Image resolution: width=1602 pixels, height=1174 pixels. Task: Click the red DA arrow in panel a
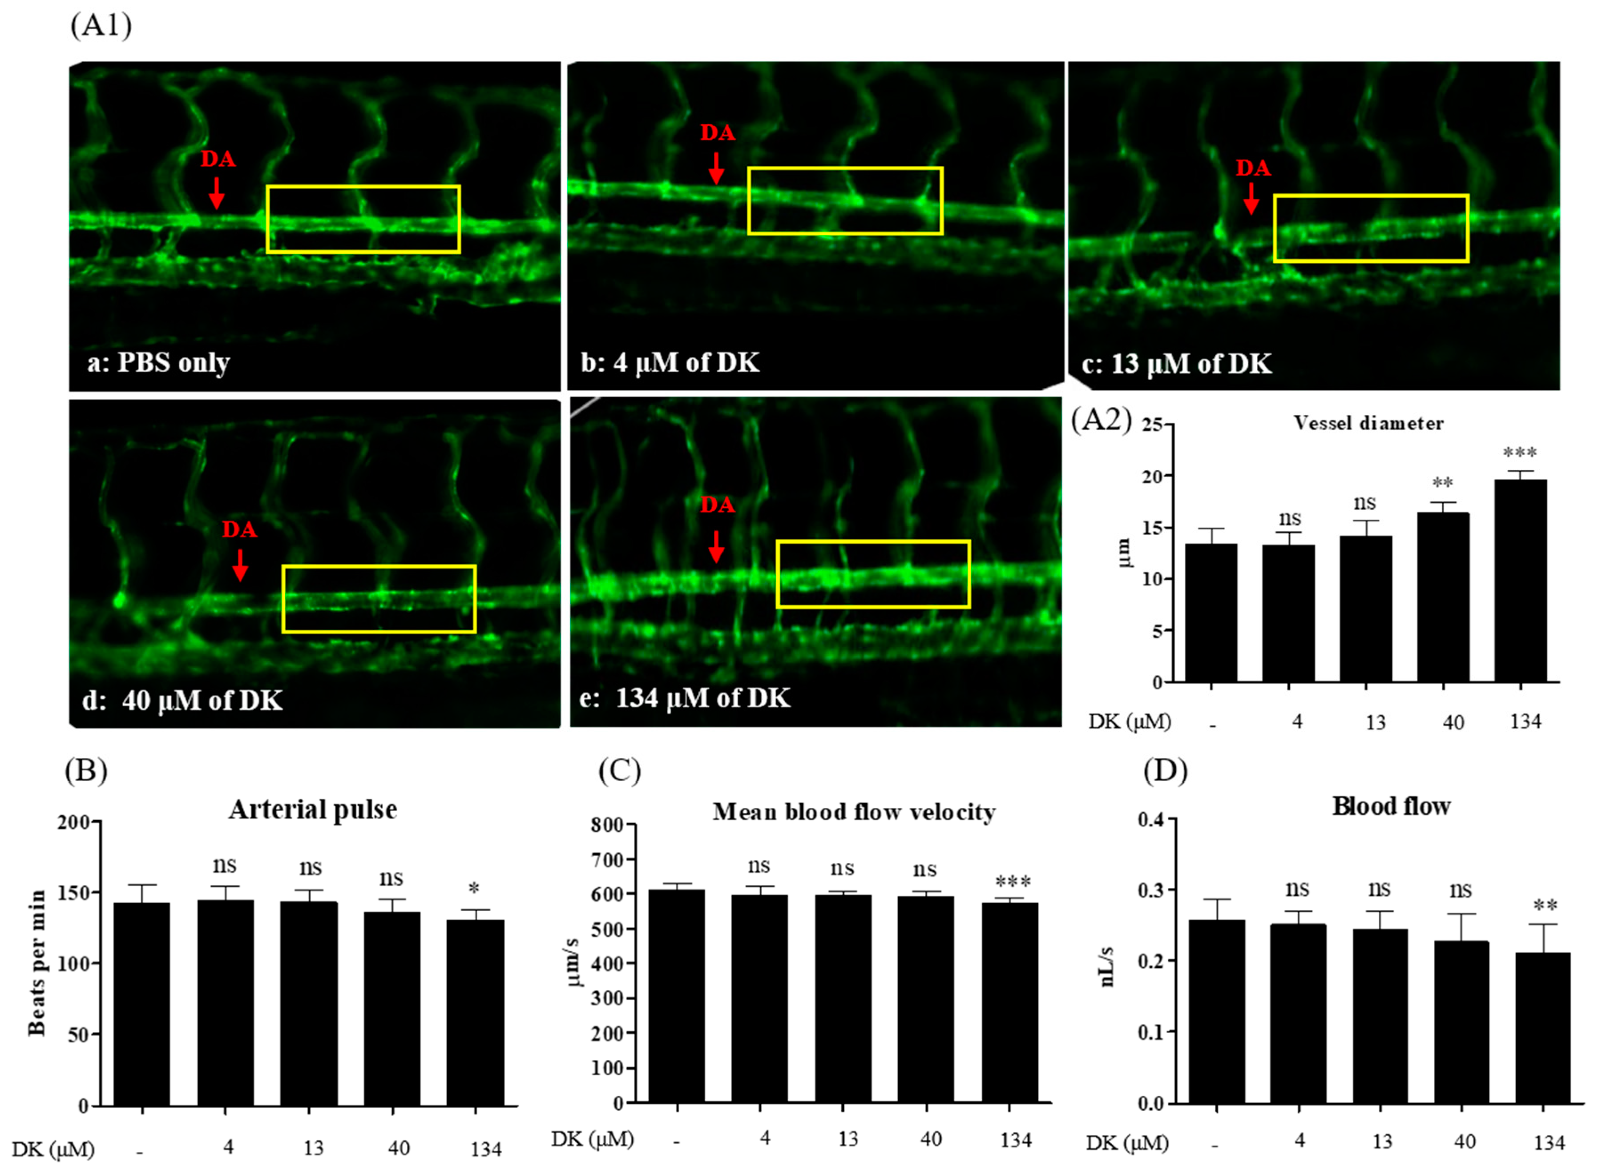[216, 192]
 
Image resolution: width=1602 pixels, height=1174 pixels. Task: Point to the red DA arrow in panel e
[716, 546]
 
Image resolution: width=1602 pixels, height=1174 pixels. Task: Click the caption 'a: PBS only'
[158, 362]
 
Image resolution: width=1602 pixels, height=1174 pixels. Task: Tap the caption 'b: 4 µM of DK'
[670, 362]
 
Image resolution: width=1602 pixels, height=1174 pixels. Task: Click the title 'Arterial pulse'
[313, 809]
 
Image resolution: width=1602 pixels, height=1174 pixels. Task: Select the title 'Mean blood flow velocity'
[854, 812]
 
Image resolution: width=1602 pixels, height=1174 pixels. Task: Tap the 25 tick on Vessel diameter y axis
[1153, 425]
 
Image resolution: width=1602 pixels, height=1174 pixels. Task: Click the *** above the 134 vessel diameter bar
[1520, 453]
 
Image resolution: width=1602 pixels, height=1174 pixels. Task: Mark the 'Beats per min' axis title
[37, 963]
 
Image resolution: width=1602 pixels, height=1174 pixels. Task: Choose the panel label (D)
[1165, 771]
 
